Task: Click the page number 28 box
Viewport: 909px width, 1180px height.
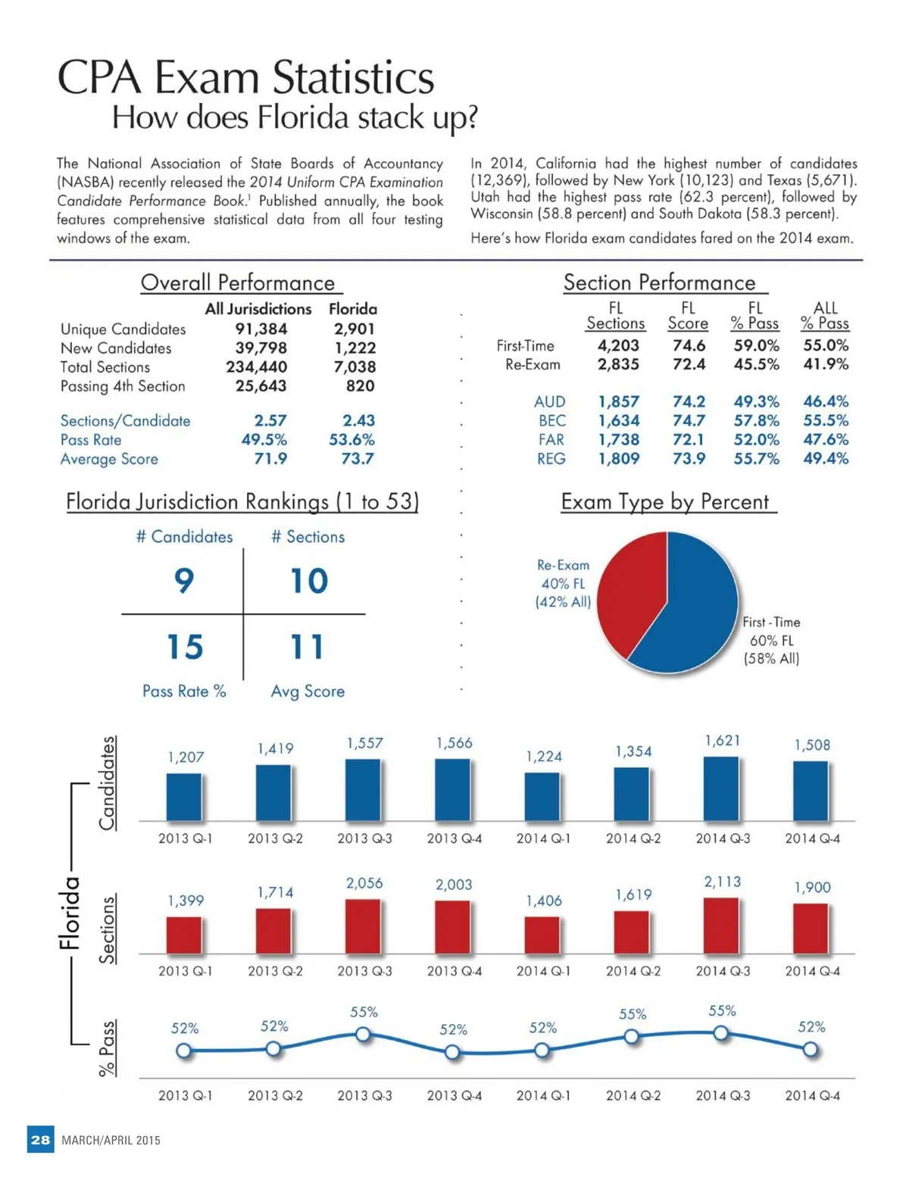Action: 41,1140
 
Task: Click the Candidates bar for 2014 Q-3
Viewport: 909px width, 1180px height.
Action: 721,788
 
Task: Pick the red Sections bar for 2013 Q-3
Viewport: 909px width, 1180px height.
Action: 363,926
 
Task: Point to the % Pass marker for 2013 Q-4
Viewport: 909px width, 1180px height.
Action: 452,1052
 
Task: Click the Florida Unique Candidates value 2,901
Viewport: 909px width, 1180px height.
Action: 354,329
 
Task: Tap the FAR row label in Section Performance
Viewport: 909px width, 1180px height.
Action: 551,439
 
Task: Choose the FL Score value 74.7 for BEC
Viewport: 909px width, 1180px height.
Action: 689,420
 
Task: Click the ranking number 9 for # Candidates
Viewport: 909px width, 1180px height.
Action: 184,581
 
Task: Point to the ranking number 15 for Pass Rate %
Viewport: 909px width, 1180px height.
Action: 185,647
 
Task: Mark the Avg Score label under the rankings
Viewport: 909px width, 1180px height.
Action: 308,691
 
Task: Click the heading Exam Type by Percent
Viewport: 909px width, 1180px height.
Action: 664,501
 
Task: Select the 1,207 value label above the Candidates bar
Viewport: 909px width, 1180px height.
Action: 186,757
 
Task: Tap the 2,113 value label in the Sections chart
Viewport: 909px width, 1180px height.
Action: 722,882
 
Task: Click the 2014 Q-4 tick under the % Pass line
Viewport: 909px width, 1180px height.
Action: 812,1095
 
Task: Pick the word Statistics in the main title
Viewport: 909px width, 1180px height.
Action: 352,77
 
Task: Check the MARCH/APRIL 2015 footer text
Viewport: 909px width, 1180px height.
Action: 111,1141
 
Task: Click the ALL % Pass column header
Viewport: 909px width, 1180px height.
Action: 825,315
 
